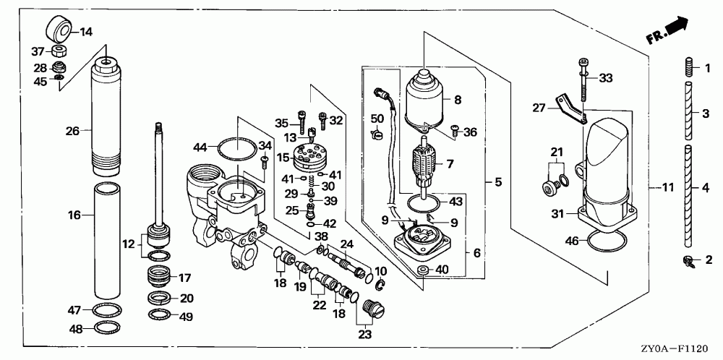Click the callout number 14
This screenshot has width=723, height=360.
point(86,31)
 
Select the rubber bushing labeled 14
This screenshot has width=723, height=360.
point(59,29)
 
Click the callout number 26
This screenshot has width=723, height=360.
point(71,131)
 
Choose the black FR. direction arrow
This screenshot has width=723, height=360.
point(676,27)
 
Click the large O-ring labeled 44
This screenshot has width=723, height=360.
point(236,147)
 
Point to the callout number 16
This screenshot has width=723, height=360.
point(74,215)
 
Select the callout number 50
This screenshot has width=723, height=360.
point(377,118)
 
